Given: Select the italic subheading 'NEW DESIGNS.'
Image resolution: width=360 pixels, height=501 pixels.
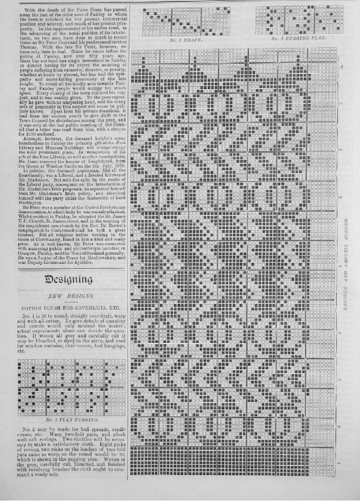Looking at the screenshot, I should (70, 296).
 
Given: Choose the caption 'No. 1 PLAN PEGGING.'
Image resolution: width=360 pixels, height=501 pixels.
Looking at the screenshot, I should (70, 420).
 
